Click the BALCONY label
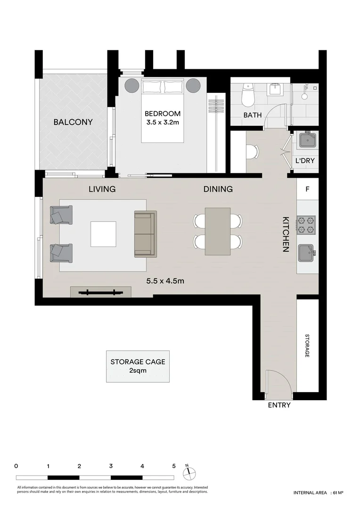click(x=73, y=122)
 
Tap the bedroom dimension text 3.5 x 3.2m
click(x=162, y=123)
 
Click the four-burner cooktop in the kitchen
click(x=306, y=225)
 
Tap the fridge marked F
click(x=308, y=189)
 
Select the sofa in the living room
click(x=145, y=234)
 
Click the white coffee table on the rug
click(x=103, y=234)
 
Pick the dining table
click(x=218, y=231)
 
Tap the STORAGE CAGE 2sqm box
click(x=138, y=366)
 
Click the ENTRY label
click(x=279, y=405)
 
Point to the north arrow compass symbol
click(x=188, y=471)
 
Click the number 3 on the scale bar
click(x=111, y=466)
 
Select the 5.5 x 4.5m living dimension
click(x=165, y=281)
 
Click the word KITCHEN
click(x=286, y=234)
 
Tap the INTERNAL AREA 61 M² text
click(x=318, y=493)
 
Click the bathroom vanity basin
click(x=274, y=90)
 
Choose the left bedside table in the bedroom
click(x=131, y=86)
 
